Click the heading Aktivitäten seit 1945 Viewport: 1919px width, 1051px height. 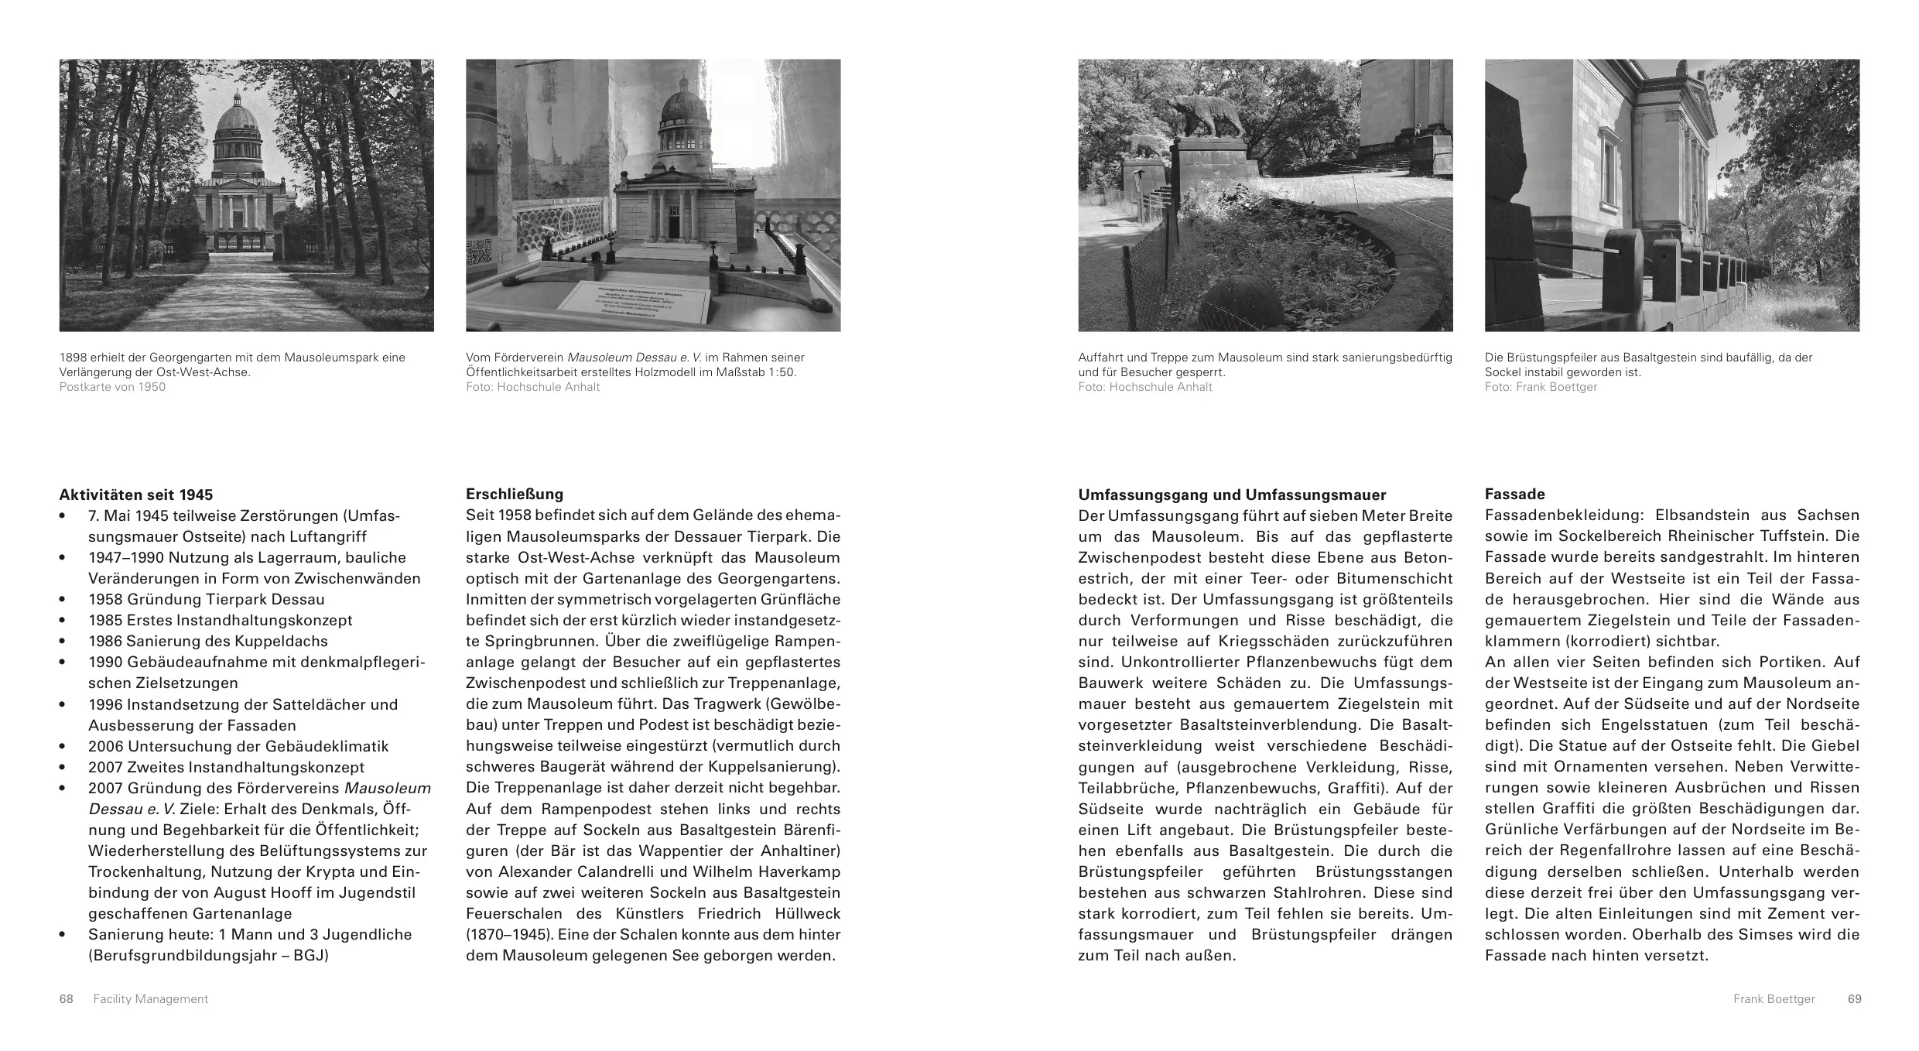[135, 495]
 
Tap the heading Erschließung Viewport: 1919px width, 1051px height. [514, 494]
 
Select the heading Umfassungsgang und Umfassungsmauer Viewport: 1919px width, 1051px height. [1232, 495]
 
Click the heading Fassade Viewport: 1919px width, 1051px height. [1514, 494]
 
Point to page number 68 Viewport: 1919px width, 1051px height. [67, 999]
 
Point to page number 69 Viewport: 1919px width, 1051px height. [1854, 999]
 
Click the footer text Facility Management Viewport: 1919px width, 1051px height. [150, 999]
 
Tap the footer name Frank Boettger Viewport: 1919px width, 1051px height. [1774, 999]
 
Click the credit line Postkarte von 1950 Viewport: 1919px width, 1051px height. [112, 387]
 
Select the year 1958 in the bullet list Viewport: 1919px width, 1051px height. [107, 599]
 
